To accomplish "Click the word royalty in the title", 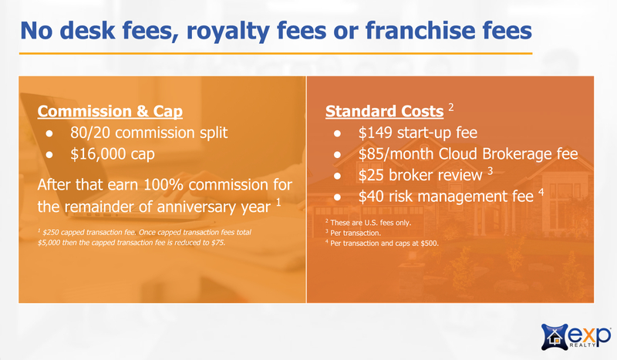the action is point(228,32).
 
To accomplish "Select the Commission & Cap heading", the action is point(110,111).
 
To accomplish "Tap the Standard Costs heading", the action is point(384,111).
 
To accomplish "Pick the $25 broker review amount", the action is point(371,175).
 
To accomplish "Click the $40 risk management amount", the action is point(371,197).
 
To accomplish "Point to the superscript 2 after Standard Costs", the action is point(451,107).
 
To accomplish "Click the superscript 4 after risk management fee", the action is point(541,193).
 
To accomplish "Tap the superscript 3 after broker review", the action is point(490,171).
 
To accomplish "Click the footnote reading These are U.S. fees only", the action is point(371,223).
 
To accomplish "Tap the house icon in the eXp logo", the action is point(555,337).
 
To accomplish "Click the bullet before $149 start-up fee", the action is point(337,133).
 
